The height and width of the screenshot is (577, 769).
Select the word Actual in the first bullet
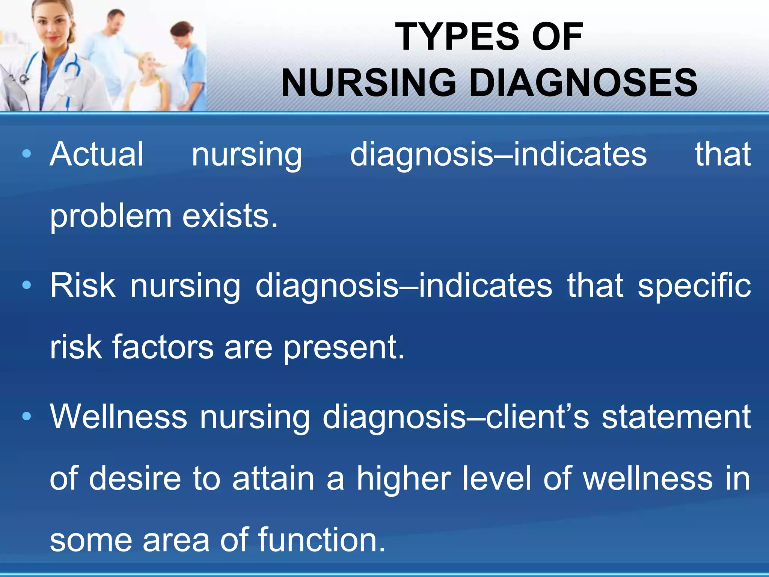coord(97,154)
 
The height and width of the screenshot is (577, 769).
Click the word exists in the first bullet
coord(230,216)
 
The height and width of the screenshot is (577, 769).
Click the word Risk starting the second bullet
coord(83,285)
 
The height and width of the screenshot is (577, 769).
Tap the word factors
coord(163,347)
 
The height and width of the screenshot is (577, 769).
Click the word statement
coord(676,417)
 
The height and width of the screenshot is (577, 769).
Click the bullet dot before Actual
coord(26,154)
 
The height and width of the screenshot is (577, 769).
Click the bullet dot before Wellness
coord(26,416)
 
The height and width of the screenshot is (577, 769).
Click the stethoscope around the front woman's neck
coord(71,68)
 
